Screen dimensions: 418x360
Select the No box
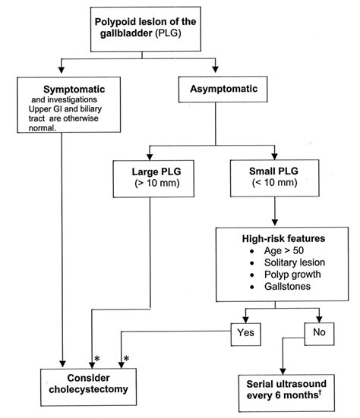(321, 331)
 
